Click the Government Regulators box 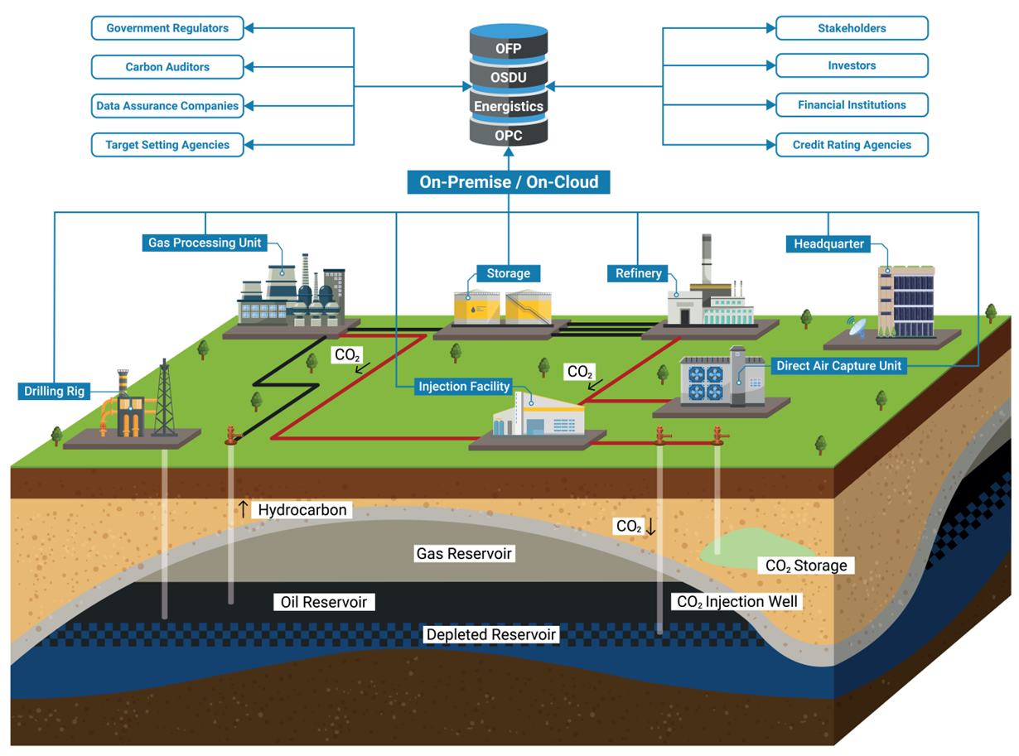click(x=167, y=28)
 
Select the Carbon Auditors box click(x=167, y=67)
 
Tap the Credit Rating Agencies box click(x=852, y=145)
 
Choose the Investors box click(x=852, y=65)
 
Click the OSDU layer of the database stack click(x=508, y=77)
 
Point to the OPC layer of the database click(x=508, y=135)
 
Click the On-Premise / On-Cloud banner click(x=508, y=182)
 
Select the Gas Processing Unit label click(x=205, y=243)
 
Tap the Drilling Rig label click(x=55, y=391)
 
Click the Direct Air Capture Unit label click(x=838, y=365)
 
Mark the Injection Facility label click(x=464, y=386)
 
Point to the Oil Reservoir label click(x=323, y=602)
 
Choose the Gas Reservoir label click(x=465, y=553)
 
